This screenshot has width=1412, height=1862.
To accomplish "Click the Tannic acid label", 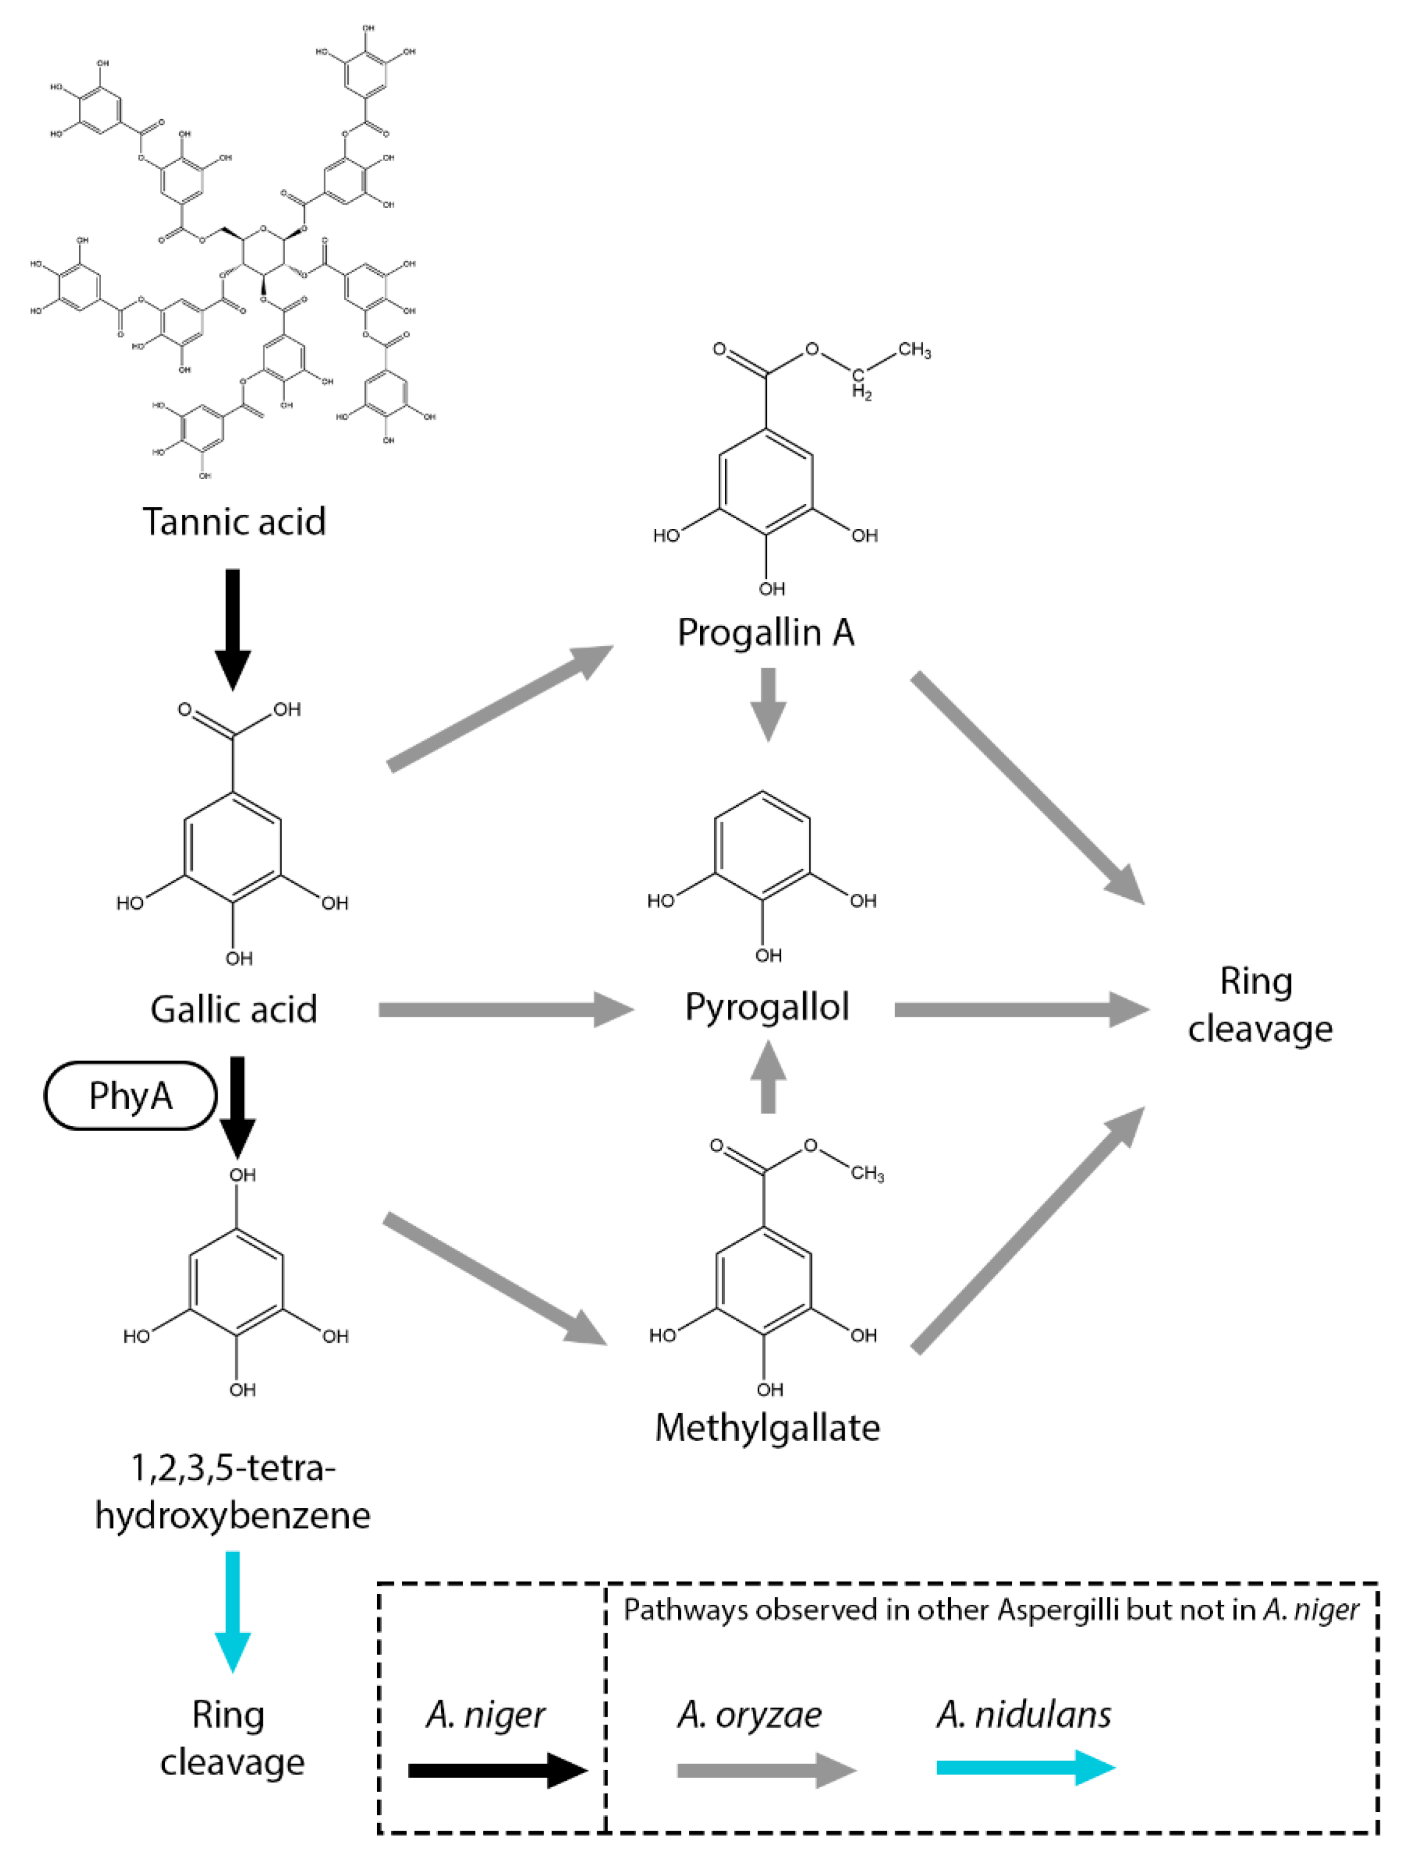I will tap(234, 522).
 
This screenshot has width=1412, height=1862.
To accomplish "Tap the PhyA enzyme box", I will tap(131, 1095).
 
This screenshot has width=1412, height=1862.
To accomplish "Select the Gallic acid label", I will tap(234, 1008).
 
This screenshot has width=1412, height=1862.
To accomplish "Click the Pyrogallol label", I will tap(767, 1007).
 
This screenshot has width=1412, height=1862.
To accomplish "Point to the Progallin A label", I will tap(766, 632).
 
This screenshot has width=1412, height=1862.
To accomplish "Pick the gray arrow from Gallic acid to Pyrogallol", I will tap(505, 1009).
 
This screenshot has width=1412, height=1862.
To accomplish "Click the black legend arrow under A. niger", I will tap(497, 1770).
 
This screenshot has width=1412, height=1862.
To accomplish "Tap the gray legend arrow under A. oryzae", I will tap(766, 1770).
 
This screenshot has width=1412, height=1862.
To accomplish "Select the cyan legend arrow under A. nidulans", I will tap(1025, 1768).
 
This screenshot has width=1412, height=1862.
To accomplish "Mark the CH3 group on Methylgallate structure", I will tap(867, 1174).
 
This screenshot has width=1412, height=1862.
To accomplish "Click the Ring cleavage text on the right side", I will tap(1259, 1005).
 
